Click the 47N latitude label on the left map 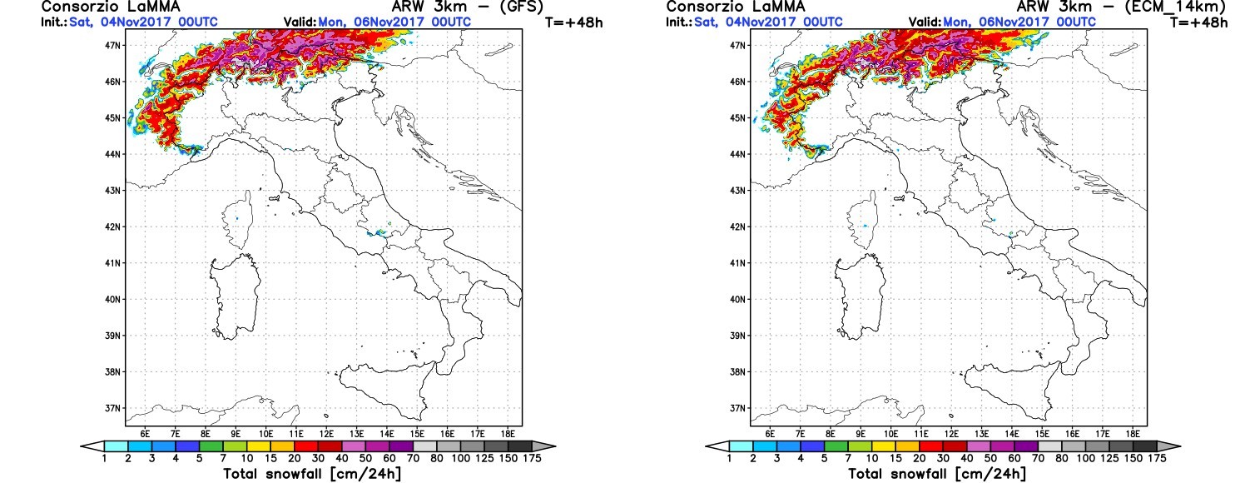(113, 45)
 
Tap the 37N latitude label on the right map (738, 408)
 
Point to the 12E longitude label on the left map (326, 434)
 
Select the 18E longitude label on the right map (1133, 434)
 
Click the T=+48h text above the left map (574, 22)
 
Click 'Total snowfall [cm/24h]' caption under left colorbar (312, 474)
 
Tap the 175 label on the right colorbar (1158, 458)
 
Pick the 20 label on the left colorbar (295, 458)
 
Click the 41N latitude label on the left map (113, 263)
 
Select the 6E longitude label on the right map (770, 434)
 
